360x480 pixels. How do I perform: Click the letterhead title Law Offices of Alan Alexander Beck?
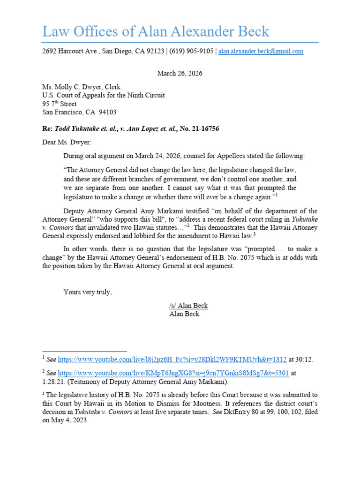pyautogui.click(x=156, y=31)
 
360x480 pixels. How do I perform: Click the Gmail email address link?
pyautogui.click(x=261, y=52)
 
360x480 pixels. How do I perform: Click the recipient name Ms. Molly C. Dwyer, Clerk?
pyautogui.click(x=81, y=87)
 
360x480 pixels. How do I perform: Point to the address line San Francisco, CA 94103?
pyautogui.click(x=79, y=112)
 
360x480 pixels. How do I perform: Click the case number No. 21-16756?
pyautogui.click(x=196, y=128)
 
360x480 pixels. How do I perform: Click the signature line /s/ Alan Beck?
pyautogui.click(x=188, y=306)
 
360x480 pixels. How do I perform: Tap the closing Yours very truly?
pyautogui.click(x=88, y=292)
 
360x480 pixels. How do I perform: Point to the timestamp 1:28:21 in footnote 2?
pyautogui.click(x=52, y=382)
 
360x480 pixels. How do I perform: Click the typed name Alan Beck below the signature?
pyautogui.click(x=184, y=314)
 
